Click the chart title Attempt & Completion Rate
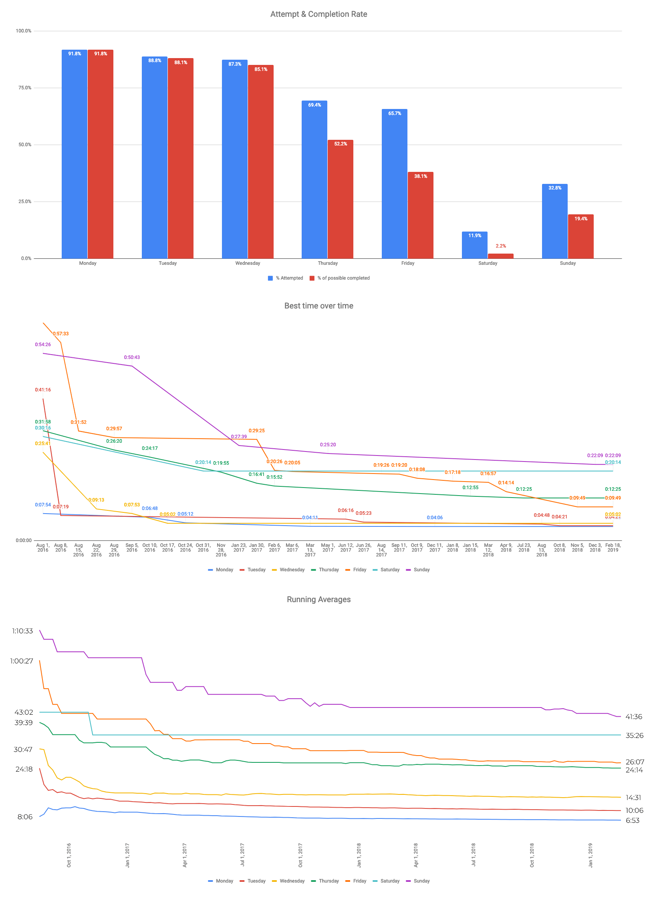pos(318,14)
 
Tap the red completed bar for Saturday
pos(500,256)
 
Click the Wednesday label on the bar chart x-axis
pos(248,263)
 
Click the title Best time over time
pos(318,306)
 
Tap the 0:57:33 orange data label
pos(61,334)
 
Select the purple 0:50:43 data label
pos(132,357)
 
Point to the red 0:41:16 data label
pos(43,390)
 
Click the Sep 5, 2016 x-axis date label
pos(132,548)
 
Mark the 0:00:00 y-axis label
pos(24,540)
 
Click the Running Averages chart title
pos(318,599)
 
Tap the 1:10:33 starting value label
pos(22,631)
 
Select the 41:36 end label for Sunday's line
pos(634,717)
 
